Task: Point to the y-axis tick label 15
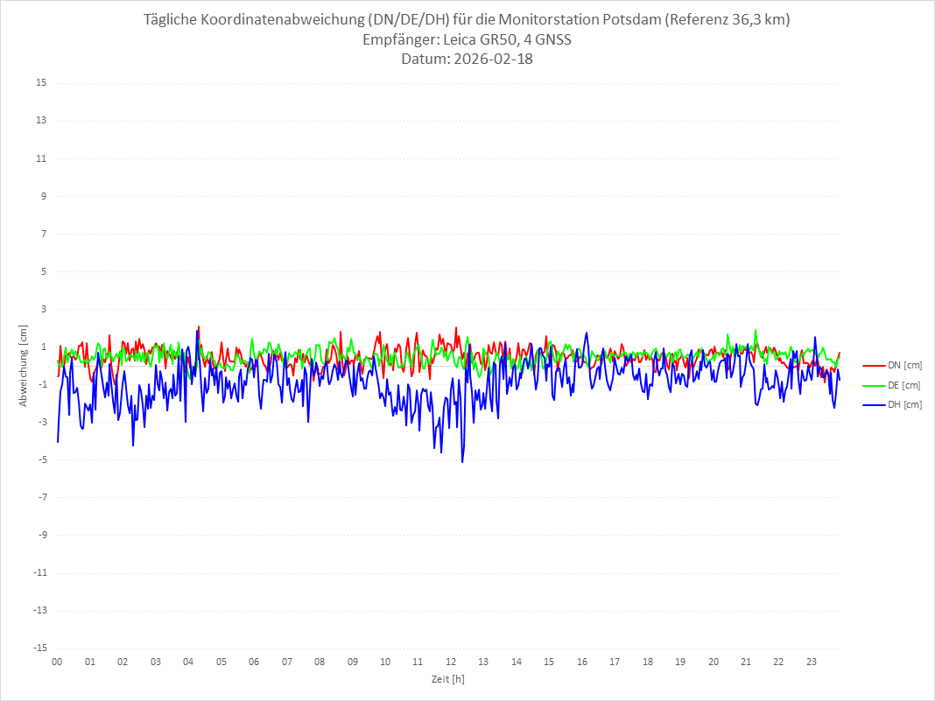point(41,83)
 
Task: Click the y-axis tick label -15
point(39,648)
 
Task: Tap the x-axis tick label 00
point(57,662)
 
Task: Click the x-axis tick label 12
point(451,662)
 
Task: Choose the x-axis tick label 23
point(812,662)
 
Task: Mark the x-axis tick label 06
point(254,662)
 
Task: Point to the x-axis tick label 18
point(648,662)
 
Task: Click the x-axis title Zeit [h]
point(448,678)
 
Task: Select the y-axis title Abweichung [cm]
point(24,366)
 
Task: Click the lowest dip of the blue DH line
point(462,461)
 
